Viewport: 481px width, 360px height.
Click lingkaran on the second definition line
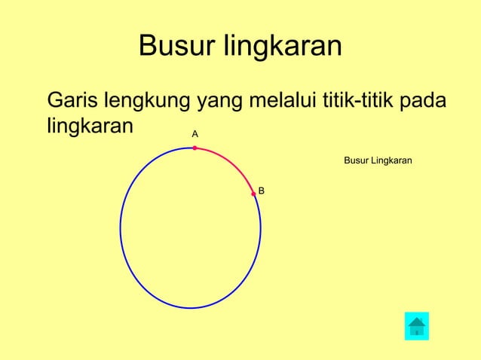90,125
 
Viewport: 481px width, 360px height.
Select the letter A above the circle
195,133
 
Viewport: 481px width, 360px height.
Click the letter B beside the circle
261,191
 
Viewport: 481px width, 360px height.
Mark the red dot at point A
195,148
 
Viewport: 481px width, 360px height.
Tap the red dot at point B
253,194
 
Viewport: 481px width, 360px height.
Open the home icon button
417,326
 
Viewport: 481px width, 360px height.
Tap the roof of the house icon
417,321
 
